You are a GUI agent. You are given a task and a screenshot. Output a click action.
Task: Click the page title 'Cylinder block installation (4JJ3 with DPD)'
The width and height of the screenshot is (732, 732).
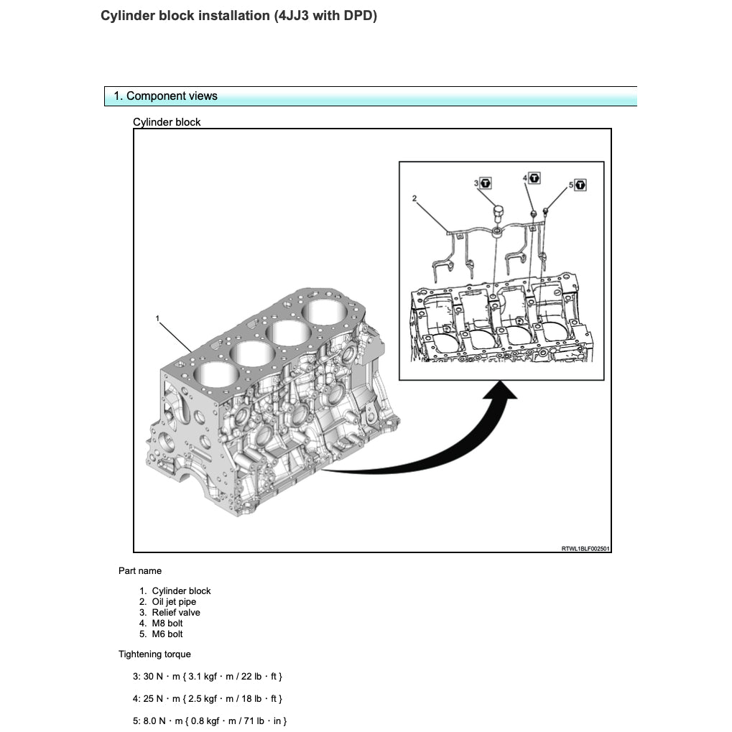point(238,16)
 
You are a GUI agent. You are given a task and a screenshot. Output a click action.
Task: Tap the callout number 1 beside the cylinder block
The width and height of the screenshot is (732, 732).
point(157,317)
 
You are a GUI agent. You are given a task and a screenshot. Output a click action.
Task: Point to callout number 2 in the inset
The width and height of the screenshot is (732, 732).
point(414,198)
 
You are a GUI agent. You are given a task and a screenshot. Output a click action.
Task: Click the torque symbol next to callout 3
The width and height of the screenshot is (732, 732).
point(486,184)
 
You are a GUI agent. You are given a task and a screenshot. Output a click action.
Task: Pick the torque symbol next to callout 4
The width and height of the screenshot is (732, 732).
point(534,177)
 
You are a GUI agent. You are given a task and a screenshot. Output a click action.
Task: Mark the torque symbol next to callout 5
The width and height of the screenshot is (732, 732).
point(580,185)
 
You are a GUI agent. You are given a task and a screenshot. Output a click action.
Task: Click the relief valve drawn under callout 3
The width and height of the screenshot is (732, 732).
point(497,213)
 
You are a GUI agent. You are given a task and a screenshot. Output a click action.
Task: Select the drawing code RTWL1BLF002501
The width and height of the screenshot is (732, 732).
point(585,549)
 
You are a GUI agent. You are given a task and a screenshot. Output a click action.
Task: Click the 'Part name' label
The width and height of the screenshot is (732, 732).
point(140,571)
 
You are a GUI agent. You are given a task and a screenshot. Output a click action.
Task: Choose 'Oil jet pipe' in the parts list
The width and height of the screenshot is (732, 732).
point(173,602)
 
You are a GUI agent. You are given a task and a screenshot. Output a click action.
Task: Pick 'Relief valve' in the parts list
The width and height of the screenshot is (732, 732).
point(175,613)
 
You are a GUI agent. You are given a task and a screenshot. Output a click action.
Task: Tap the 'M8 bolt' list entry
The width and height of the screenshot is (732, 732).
point(167,624)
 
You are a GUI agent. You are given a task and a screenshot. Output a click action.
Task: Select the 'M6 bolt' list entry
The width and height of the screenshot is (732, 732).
point(167,634)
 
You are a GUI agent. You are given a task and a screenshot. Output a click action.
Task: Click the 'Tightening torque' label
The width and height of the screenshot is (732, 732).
point(154,654)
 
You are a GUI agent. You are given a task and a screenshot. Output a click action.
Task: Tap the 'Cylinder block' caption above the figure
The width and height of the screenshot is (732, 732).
point(167,122)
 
